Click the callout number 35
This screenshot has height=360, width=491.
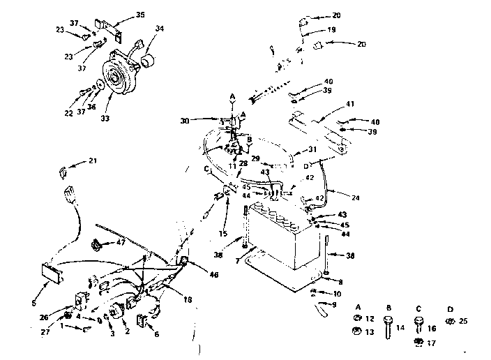(140, 14)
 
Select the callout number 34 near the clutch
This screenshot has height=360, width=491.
(160, 29)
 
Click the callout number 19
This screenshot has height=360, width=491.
(332, 30)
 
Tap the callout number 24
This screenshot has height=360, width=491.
(356, 197)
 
